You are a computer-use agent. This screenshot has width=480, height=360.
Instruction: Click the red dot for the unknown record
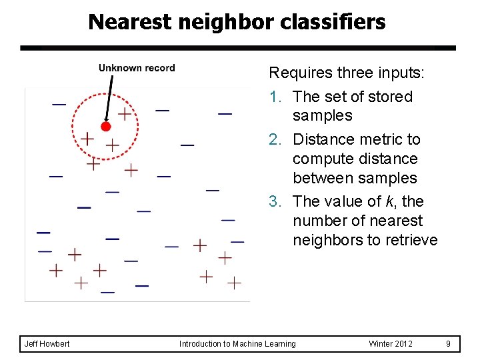pyautogui.click(x=105, y=126)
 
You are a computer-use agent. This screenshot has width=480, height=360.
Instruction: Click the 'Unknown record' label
pyautogui.click(x=137, y=68)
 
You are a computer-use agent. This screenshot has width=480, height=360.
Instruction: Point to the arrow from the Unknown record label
pyautogui.click(x=109, y=97)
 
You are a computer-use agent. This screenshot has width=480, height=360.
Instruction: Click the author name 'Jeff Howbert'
pyautogui.click(x=47, y=344)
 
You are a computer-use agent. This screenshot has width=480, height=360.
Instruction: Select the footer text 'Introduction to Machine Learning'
pyautogui.click(x=237, y=344)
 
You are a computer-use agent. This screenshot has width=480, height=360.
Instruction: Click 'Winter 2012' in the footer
pyautogui.click(x=391, y=344)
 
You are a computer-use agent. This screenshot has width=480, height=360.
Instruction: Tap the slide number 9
pyautogui.click(x=449, y=344)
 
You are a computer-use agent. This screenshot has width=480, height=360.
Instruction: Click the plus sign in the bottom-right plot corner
pyautogui.click(x=234, y=283)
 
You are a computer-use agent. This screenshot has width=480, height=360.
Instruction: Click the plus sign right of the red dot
pyautogui.click(x=124, y=113)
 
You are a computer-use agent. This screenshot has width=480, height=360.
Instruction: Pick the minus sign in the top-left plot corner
pyautogui.click(x=59, y=104)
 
